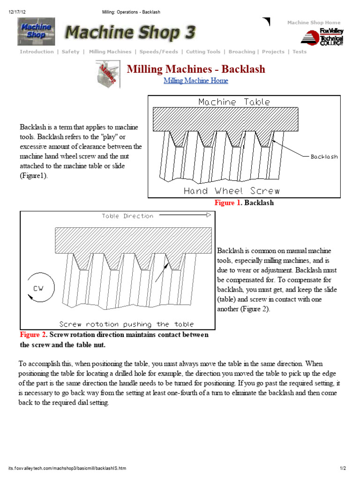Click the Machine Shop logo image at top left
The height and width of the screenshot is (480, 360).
(36, 31)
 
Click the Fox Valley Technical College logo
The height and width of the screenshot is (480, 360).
(322, 37)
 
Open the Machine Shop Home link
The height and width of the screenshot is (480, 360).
(314, 22)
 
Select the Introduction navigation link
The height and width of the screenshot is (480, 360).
(37, 52)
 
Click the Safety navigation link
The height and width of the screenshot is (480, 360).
(70, 52)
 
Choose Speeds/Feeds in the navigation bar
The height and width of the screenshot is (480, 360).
(158, 52)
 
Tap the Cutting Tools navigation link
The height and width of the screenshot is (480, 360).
(203, 52)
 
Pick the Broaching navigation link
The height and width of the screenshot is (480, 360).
(242, 52)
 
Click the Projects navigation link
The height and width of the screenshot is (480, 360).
(273, 52)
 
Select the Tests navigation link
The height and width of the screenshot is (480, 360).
(300, 52)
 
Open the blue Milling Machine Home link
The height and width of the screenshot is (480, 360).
(196, 81)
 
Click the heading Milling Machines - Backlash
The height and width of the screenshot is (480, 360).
(196, 69)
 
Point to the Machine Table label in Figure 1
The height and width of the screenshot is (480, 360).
(234, 102)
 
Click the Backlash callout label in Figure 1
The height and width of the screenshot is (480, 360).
(324, 157)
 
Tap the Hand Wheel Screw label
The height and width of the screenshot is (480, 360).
(232, 191)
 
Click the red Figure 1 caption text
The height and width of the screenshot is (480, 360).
(227, 203)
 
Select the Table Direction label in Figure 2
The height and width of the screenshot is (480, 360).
(127, 216)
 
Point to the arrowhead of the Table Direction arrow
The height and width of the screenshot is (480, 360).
(209, 215)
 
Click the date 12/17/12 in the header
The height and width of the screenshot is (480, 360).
(16, 12)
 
